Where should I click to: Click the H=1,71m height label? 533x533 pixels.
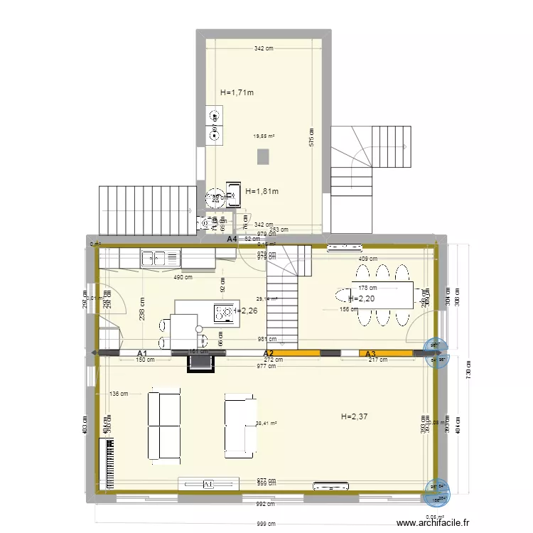click(237, 92)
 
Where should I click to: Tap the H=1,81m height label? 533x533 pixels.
click(262, 191)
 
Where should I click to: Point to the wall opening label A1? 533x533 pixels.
click(142, 353)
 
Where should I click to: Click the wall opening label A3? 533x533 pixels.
click(370, 353)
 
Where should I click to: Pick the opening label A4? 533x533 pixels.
click(232, 239)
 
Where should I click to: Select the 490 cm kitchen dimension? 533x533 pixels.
click(183, 277)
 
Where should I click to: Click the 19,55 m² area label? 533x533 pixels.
click(264, 136)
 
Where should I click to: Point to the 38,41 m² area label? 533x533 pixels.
click(266, 424)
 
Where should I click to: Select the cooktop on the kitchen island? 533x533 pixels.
click(224, 311)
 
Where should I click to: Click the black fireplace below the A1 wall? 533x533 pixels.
click(200, 362)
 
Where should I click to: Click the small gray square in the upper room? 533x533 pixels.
click(264, 155)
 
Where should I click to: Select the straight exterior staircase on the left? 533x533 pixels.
click(148, 210)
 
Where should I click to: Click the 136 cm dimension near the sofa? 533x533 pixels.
click(119, 394)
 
